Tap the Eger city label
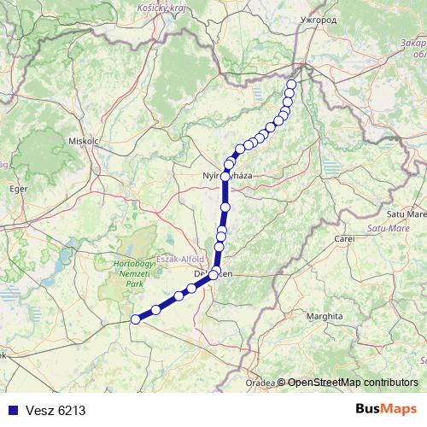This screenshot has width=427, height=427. tap(18, 190)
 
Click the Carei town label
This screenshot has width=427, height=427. tap(344, 239)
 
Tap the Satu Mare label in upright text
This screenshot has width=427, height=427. tap(406, 214)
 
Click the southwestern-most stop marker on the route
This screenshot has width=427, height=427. tap(134, 319)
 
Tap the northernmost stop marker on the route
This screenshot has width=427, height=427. tap(291, 84)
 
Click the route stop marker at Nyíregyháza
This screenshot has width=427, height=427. tap(225, 177)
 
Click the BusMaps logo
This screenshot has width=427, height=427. tap(387, 409)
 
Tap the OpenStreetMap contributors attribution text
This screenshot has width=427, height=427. tap(352, 383)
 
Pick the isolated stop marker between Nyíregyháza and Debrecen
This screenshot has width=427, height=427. tap(225, 207)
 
